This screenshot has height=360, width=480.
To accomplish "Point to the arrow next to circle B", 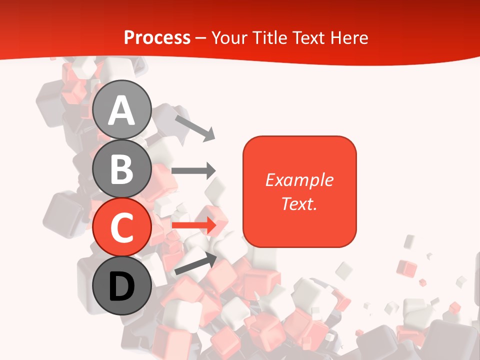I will pos(193,170).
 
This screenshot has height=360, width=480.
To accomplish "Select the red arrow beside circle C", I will pos(193,225).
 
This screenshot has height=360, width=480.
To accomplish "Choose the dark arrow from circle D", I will pos(195,263).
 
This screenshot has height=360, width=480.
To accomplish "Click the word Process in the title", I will pos(157,38).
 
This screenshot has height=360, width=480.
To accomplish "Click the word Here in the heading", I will pos(349,38).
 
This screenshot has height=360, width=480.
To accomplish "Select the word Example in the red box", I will pos(299,180).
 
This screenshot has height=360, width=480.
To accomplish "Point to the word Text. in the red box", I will pos(299,203).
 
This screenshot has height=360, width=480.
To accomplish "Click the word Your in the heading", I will pos(229,38).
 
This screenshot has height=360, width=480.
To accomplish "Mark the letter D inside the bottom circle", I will pos(122,286).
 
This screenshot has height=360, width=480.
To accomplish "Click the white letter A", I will pos(122,110).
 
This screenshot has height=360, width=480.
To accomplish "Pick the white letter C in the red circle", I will pos(122,227).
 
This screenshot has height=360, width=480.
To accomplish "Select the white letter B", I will pos(122,169).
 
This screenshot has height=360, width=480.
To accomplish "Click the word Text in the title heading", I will pos(309,38).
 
